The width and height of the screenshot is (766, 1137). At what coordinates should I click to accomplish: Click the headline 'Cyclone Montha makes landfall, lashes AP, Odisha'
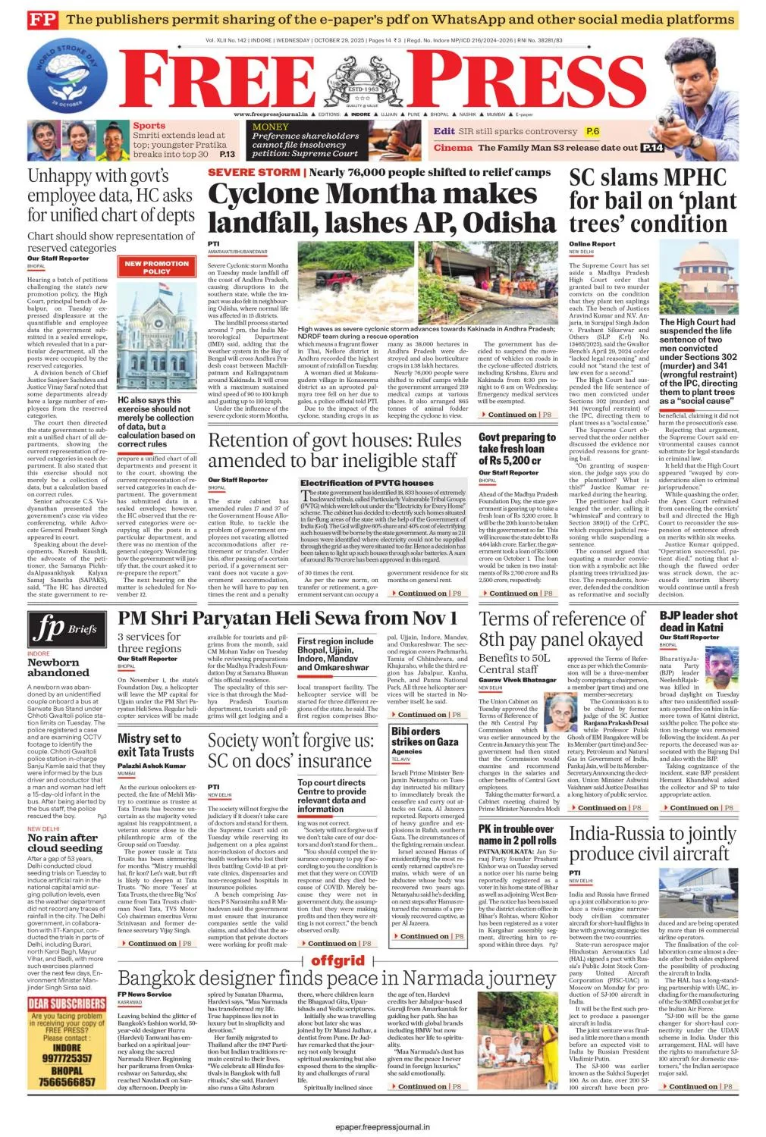tap(382, 208)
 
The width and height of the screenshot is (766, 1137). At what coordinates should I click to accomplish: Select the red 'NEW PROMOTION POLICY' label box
tap(156, 267)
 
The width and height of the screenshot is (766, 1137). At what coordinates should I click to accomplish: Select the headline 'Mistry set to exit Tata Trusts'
tap(156, 744)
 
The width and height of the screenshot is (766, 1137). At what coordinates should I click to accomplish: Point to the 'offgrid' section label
tap(337, 960)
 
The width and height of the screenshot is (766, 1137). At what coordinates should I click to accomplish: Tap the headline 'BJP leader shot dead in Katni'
tap(698, 622)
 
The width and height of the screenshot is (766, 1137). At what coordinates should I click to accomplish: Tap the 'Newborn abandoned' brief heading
tap(58, 667)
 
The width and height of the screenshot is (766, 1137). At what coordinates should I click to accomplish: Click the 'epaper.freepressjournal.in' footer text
tap(382, 1127)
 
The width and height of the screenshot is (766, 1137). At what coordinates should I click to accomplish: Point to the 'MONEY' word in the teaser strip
tap(271, 127)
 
